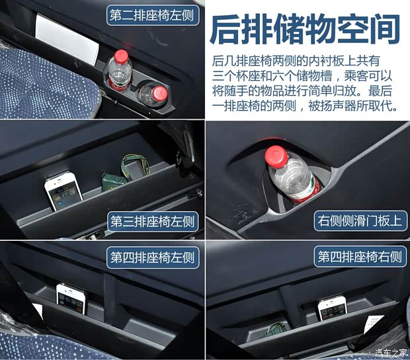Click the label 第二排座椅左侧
click(x=153, y=15)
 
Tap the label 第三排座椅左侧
click(x=153, y=222)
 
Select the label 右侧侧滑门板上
click(x=360, y=220)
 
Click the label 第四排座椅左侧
click(x=153, y=257)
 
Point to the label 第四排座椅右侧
click(x=360, y=256)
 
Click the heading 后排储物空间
click(x=305, y=29)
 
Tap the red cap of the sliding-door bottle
click(x=276, y=156)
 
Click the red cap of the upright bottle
click(x=121, y=56)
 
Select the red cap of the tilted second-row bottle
click(x=160, y=93)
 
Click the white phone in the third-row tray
click(x=63, y=190)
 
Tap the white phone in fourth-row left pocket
click(x=71, y=298)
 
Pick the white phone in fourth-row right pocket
click(x=333, y=309)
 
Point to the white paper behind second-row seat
click(x=67, y=39)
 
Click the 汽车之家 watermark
click(x=391, y=352)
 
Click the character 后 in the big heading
click(x=225, y=29)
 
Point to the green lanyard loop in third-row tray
click(x=135, y=167)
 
